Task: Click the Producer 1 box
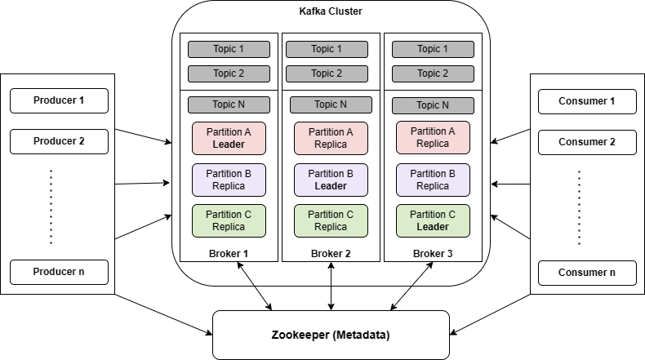[59, 101]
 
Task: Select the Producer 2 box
[59, 141]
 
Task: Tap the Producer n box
[59, 272]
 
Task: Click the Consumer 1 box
[586, 101]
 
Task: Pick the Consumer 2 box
[586, 141]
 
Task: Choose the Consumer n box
[586, 272]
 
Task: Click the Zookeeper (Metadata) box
[331, 335]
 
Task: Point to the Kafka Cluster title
[331, 11]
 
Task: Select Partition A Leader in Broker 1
[229, 138]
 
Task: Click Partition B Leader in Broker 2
[331, 180]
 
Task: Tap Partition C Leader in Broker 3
[433, 220]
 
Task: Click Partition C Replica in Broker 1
[229, 220]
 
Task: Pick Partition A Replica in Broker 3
[433, 138]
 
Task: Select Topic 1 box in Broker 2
[331, 49]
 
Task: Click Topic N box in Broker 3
[433, 104]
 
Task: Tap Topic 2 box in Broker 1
[229, 73]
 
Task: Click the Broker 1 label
[229, 253]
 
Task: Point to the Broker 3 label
[433, 253]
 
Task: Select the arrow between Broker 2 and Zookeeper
[331, 286]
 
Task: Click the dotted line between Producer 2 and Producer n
[51, 207]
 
